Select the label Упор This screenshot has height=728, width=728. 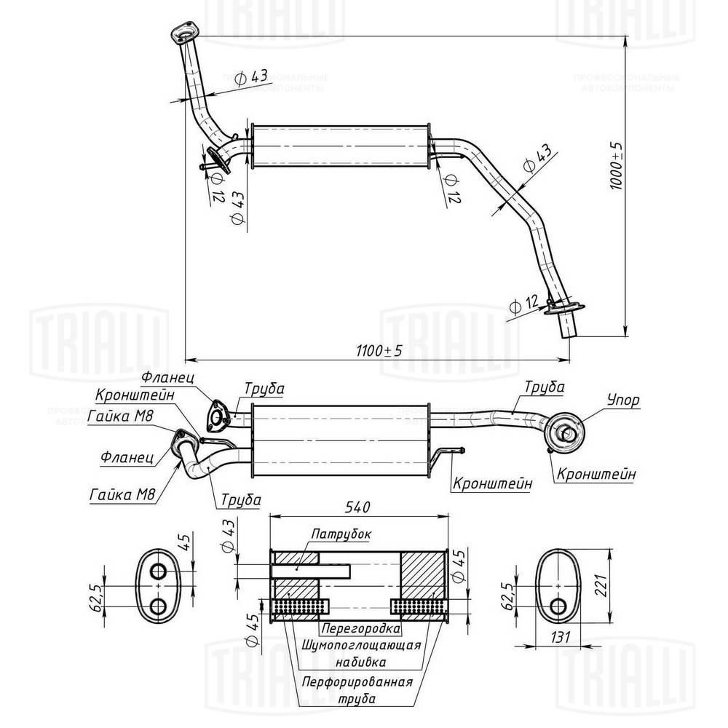[x=623, y=400]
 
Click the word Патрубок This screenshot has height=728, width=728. [x=341, y=534]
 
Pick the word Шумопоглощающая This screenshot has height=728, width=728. [x=360, y=645]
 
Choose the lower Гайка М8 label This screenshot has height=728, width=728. [x=122, y=495]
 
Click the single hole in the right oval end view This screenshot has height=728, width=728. [x=558, y=606]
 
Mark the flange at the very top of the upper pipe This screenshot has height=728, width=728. [x=185, y=33]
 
